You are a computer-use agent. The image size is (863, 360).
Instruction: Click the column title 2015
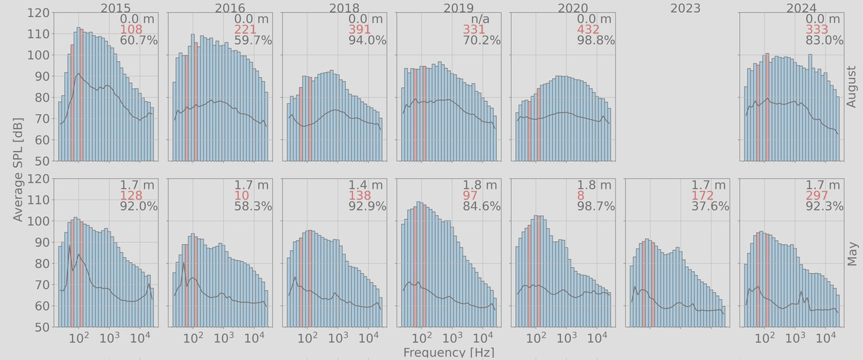pyautogui.click(x=116, y=8)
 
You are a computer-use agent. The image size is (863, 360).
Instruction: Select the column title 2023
pyautogui.click(x=685, y=8)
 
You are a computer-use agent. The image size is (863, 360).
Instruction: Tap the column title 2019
pyautogui.click(x=458, y=8)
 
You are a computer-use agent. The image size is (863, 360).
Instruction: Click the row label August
pyautogui.click(x=852, y=87)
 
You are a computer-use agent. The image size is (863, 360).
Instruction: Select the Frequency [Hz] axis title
pyautogui.click(x=448, y=353)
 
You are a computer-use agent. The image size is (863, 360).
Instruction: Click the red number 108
pyautogui.click(x=131, y=30)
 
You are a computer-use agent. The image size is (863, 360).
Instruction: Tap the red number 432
pyautogui.click(x=589, y=30)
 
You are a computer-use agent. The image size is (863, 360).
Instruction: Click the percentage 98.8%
pyautogui.click(x=596, y=40)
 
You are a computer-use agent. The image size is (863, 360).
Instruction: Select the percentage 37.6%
pyautogui.click(x=710, y=206)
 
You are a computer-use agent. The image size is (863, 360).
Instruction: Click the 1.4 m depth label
pyautogui.click(x=365, y=185)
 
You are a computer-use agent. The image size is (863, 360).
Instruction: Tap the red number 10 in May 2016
pyautogui.click(x=241, y=196)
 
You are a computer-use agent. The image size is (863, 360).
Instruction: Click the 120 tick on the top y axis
pyautogui.click(x=40, y=13)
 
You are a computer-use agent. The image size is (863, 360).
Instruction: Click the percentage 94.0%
pyautogui.click(x=367, y=40)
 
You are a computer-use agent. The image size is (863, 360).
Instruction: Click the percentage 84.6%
pyautogui.click(x=481, y=206)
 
